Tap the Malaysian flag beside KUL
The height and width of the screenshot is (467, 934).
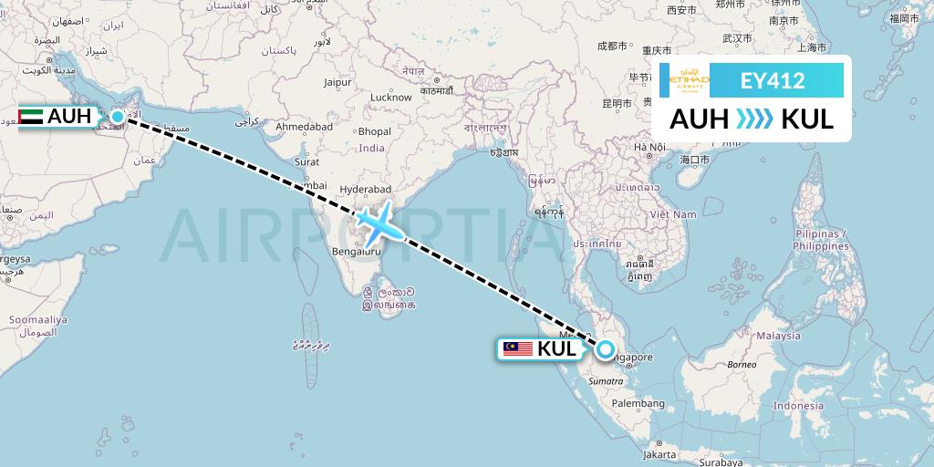point(517,348)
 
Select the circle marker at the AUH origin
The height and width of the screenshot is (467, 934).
point(118,117)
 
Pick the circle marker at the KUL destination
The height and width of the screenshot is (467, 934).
point(605,348)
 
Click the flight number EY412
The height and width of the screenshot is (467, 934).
point(772,80)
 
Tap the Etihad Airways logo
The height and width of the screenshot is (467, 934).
point(690,80)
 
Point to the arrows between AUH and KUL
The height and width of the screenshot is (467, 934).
point(753,119)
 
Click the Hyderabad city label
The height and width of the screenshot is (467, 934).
point(364,189)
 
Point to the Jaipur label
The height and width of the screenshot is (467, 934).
point(337,82)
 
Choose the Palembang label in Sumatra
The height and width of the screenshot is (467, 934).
point(638,402)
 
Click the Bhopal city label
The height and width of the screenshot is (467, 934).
point(374,131)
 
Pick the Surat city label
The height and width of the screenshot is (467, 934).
point(306,161)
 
